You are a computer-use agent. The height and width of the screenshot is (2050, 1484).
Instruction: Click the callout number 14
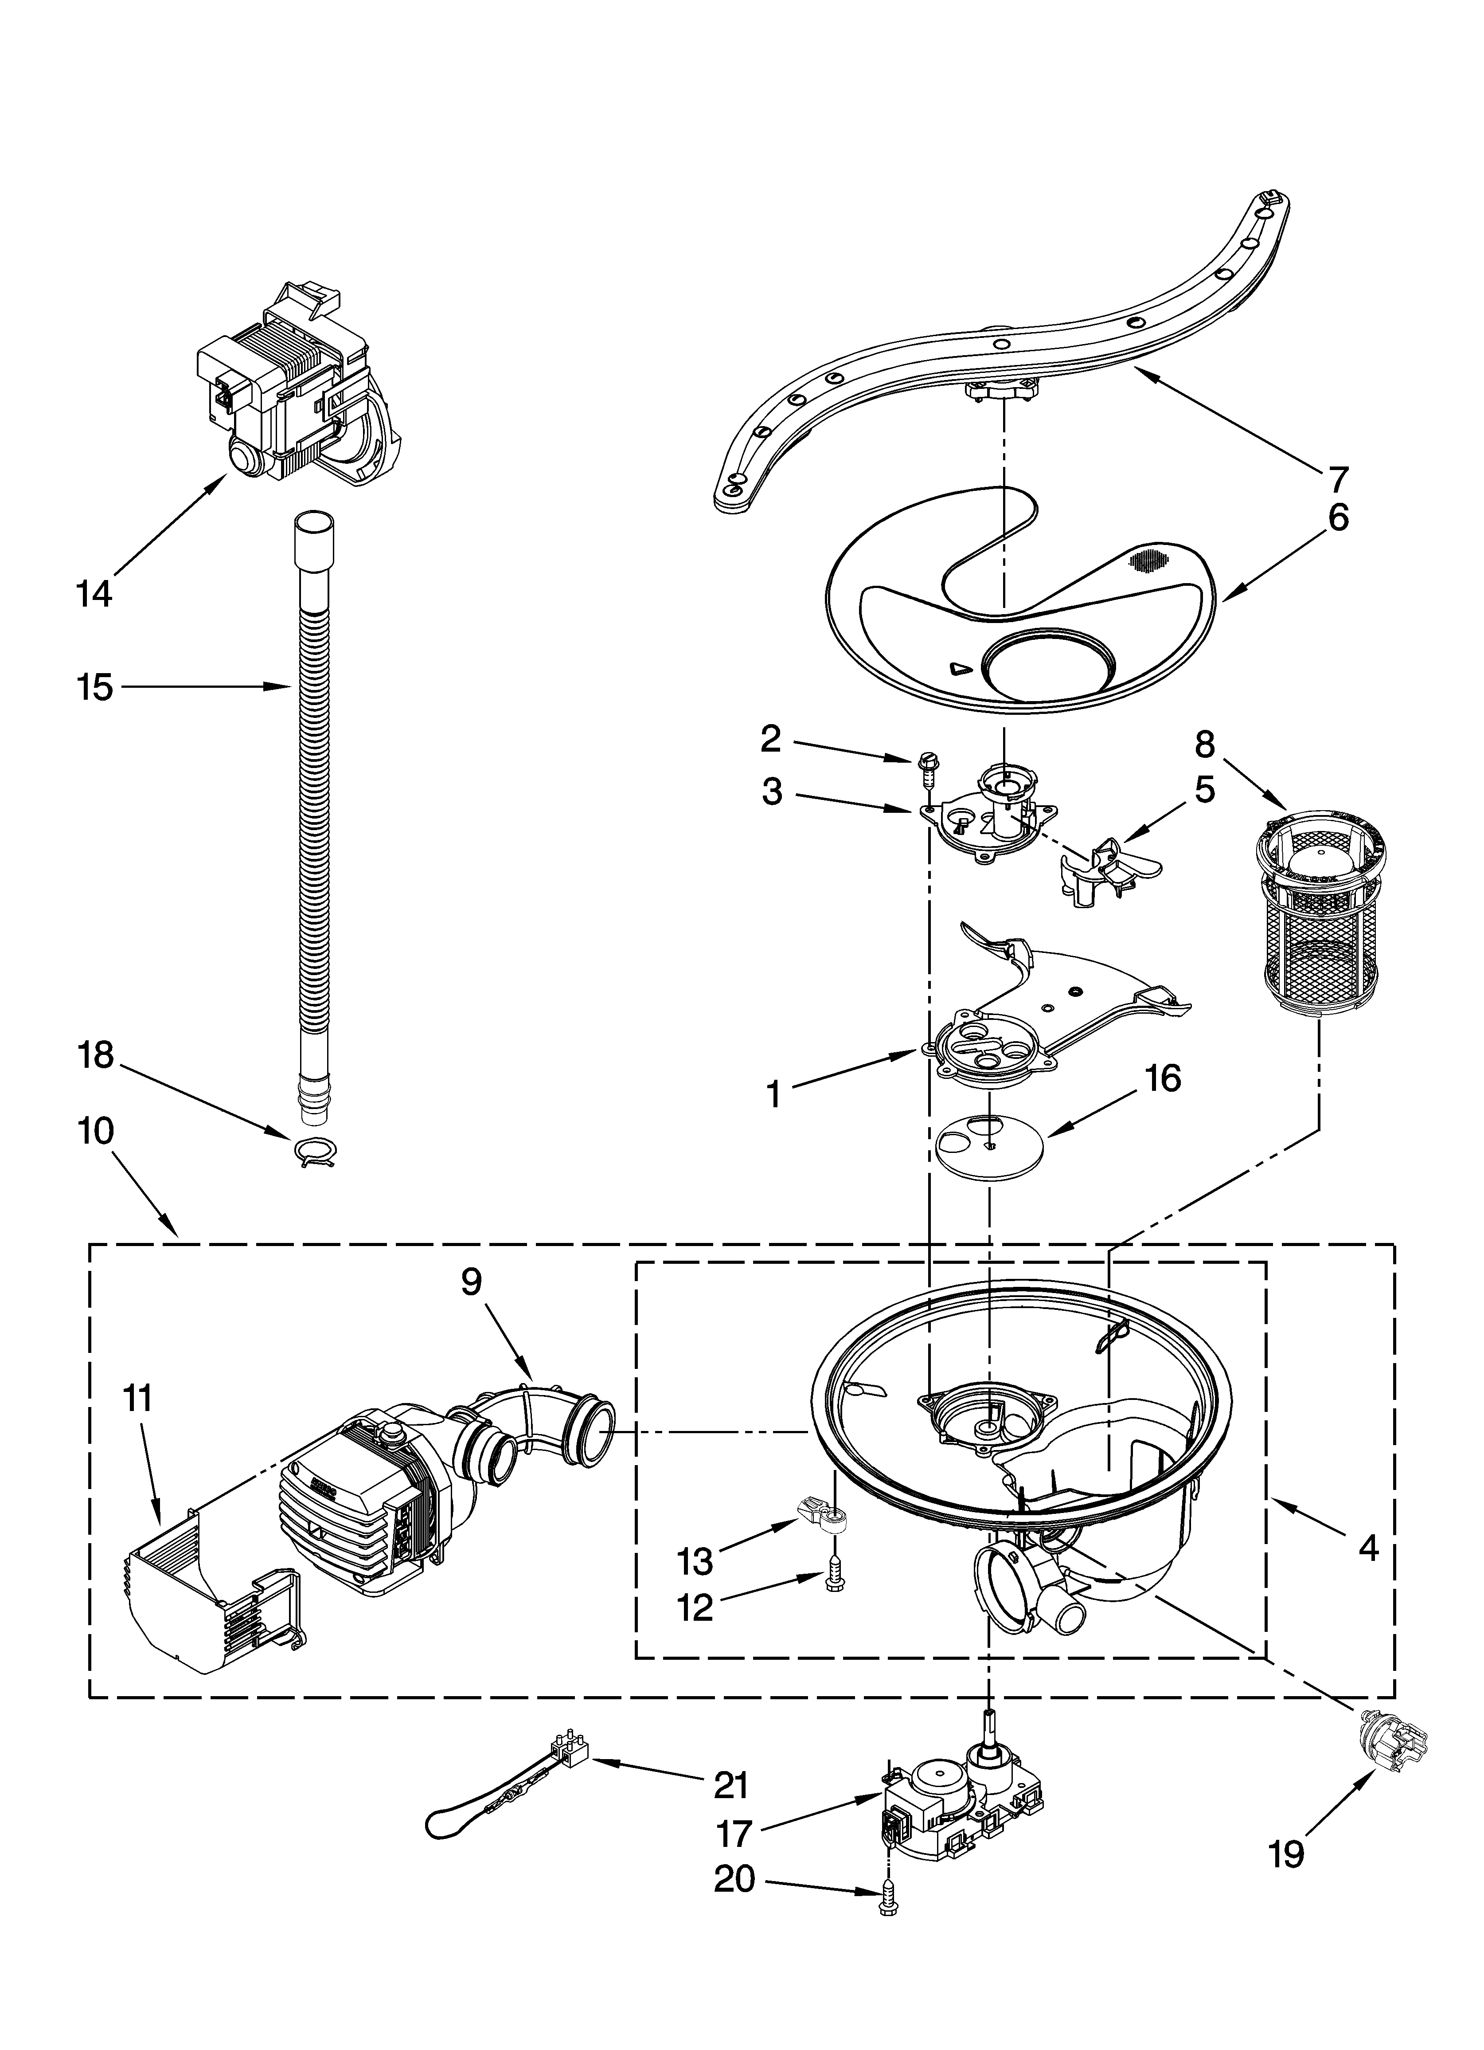tap(94, 595)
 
